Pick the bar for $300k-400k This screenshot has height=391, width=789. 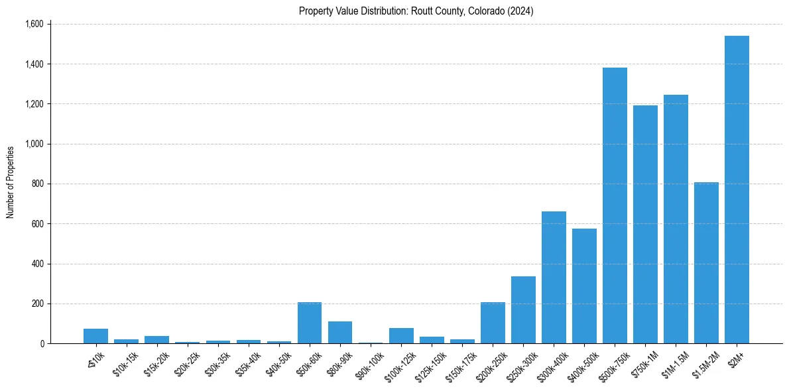click(x=554, y=278)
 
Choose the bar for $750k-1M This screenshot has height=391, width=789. click(x=645, y=225)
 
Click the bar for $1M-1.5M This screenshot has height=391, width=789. click(x=676, y=219)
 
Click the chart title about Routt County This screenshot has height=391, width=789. click(x=416, y=11)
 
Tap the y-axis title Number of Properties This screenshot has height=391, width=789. click(x=11, y=182)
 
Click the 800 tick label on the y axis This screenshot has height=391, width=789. click(x=36, y=184)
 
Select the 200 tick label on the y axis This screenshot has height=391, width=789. click(x=36, y=304)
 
